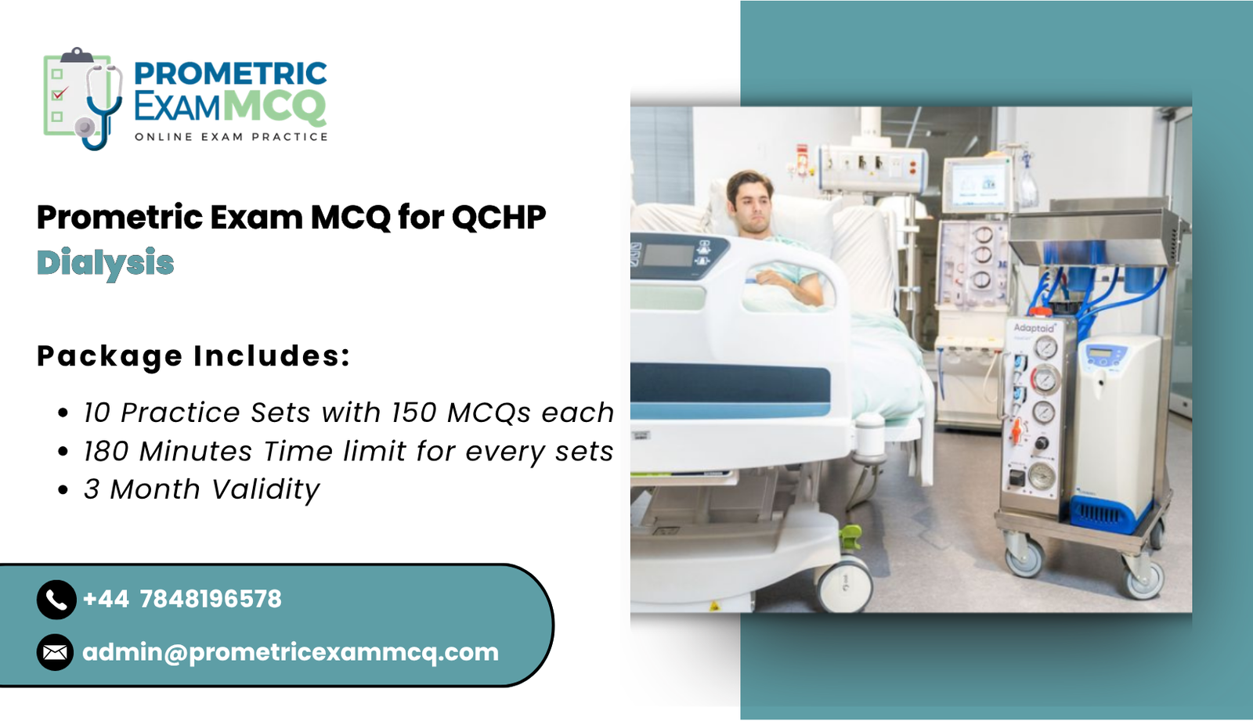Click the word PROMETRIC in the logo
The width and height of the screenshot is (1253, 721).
(x=230, y=74)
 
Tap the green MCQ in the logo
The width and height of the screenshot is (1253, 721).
(x=274, y=106)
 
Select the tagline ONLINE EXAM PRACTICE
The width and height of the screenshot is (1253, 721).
(x=231, y=137)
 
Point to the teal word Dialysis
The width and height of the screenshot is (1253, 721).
(x=106, y=263)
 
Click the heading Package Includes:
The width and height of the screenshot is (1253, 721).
(x=193, y=356)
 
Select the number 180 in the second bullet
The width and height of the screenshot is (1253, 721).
(x=106, y=452)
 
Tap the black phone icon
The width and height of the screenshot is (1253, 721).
(x=56, y=600)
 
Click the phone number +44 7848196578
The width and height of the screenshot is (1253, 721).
(x=182, y=600)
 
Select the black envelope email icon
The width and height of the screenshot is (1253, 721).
(x=55, y=652)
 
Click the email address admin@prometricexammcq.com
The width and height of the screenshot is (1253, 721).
(x=290, y=652)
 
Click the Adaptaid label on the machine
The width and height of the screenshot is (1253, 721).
(x=1034, y=327)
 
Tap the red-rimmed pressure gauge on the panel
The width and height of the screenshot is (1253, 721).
(x=1044, y=380)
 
